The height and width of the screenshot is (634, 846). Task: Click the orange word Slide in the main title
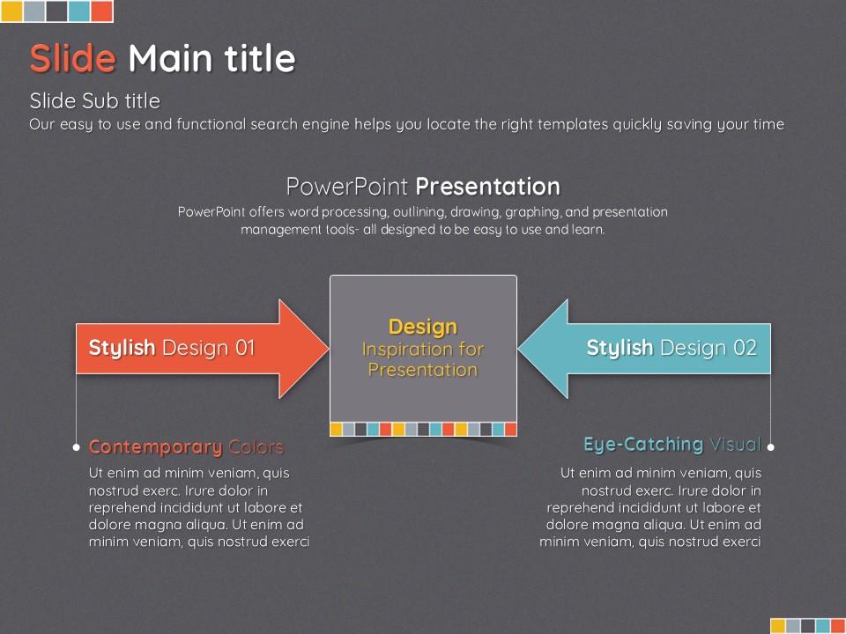click(73, 58)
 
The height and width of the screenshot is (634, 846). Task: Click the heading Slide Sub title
click(95, 100)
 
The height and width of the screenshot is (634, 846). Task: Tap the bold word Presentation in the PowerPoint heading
click(487, 187)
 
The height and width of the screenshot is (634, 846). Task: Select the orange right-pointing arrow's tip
click(329, 349)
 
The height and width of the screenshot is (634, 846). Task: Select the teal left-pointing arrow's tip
click(518, 349)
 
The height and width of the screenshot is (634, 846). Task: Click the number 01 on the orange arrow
click(245, 348)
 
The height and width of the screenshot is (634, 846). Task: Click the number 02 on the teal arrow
click(746, 348)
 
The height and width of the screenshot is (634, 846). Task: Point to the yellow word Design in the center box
click(423, 327)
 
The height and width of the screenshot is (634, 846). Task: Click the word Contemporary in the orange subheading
click(155, 447)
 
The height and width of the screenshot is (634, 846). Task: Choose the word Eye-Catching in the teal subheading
click(643, 444)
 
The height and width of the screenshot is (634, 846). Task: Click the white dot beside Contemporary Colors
click(76, 447)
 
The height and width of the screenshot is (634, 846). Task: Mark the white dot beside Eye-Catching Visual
click(770, 447)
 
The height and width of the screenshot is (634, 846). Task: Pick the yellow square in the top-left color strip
click(11, 11)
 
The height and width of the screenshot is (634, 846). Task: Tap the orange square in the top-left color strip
click(101, 11)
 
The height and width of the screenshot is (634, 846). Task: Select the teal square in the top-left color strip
click(79, 11)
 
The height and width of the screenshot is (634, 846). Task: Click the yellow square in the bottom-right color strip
click(777, 626)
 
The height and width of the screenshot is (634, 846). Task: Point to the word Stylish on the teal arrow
click(620, 349)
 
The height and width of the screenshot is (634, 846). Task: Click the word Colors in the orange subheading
click(256, 447)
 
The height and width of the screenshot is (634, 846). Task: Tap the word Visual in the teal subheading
click(735, 444)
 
